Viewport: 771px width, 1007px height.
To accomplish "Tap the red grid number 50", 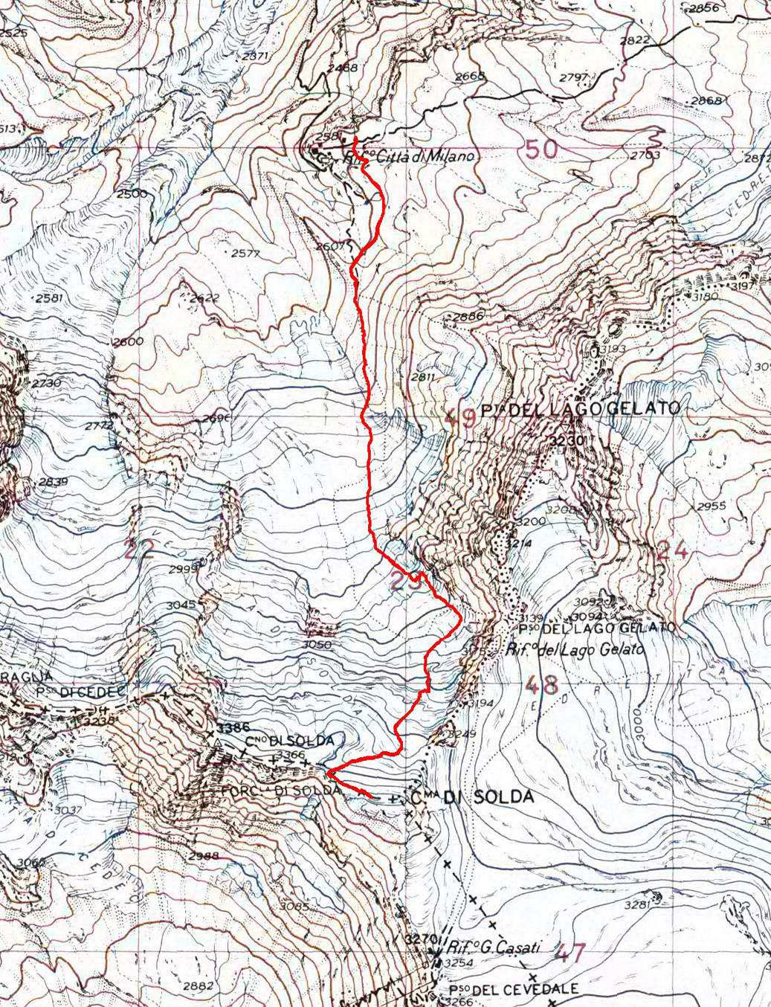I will click(x=541, y=149).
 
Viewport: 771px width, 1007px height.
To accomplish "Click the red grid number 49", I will click(x=459, y=418).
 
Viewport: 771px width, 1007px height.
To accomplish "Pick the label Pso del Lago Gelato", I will click(x=597, y=628).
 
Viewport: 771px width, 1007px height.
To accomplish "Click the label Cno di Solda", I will click(x=294, y=741).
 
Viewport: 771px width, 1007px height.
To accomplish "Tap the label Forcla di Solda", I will click(x=280, y=791).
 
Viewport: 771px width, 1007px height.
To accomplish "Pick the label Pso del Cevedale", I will click(x=513, y=990).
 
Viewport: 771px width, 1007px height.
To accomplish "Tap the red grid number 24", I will click(x=673, y=550).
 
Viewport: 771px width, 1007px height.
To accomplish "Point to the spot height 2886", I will click(x=468, y=316).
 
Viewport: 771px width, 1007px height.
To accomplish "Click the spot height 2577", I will click(x=245, y=253).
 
